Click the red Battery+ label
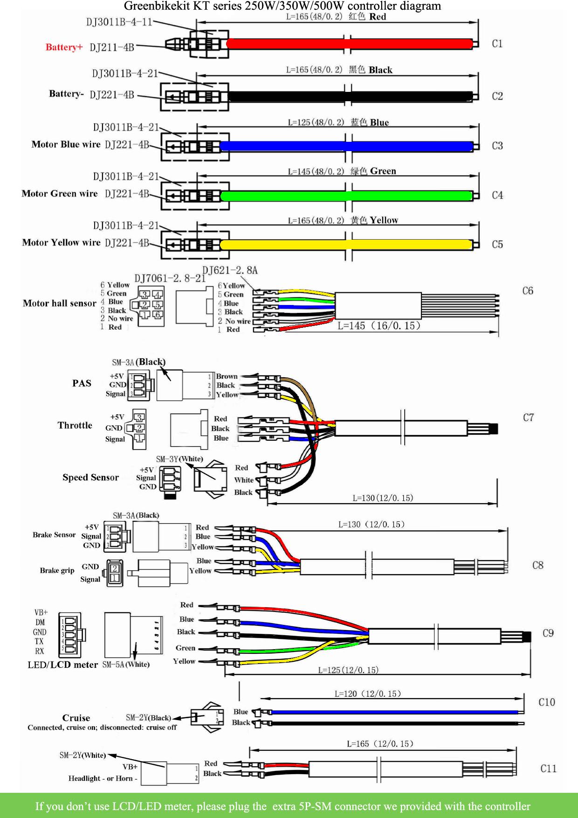tap(64, 47)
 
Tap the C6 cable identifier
tap(528, 291)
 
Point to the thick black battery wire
tap(350, 97)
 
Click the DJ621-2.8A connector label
tap(230, 270)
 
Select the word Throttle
tap(75, 425)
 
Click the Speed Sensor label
tap(90, 478)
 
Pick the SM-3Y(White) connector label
tap(179, 459)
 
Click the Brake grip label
tap(57, 570)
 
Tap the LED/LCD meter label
tap(62, 665)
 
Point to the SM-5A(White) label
tap(126, 665)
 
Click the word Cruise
tap(76, 718)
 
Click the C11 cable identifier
tap(548, 769)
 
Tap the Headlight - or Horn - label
tap(103, 778)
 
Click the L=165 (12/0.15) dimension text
tap(380, 744)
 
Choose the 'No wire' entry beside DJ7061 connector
tap(120, 319)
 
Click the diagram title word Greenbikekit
tap(157, 6)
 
